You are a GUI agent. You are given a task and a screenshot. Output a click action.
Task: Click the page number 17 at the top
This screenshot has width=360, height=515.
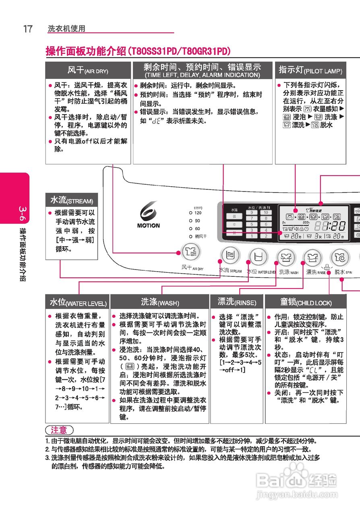[27, 29]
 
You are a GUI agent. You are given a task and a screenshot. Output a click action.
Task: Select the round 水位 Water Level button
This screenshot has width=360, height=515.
[258, 255]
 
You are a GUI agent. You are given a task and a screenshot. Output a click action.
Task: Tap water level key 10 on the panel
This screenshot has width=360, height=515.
[265, 212]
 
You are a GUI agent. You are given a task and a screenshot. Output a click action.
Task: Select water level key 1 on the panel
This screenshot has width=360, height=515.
[252, 236]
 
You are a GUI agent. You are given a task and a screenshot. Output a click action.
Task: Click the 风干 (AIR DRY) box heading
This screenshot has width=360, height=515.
[88, 70]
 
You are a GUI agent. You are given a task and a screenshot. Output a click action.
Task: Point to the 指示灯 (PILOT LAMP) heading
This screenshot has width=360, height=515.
[310, 70]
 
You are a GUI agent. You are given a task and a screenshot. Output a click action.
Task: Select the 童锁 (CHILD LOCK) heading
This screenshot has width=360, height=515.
[306, 302]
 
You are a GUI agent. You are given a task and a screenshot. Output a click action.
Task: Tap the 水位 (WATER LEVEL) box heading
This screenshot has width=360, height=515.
[78, 303]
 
